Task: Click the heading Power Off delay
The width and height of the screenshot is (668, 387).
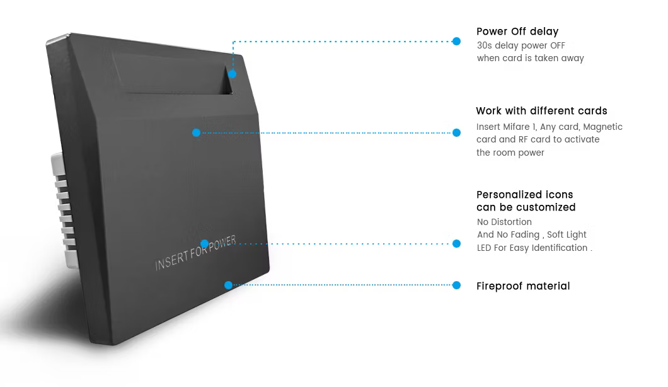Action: tap(517, 32)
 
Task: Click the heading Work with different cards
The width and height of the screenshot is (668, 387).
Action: tap(541, 111)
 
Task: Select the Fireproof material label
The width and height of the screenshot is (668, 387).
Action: tap(523, 286)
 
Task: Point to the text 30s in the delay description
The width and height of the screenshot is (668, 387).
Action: tap(485, 45)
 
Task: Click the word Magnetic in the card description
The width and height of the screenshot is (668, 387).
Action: tap(603, 127)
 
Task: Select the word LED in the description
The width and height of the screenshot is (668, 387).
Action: tap(484, 248)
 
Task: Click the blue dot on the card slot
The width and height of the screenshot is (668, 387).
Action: tap(232, 74)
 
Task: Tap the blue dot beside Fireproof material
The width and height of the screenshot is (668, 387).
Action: tap(456, 285)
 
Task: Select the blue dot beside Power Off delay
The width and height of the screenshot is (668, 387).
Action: tap(456, 42)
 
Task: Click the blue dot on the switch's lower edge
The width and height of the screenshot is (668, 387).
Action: tap(228, 285)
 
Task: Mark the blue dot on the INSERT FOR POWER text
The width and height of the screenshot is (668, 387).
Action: tap(204, 244)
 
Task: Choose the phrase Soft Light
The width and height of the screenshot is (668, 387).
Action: tap(567, 235)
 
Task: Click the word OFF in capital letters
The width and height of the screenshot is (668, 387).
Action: tap(557, 45)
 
